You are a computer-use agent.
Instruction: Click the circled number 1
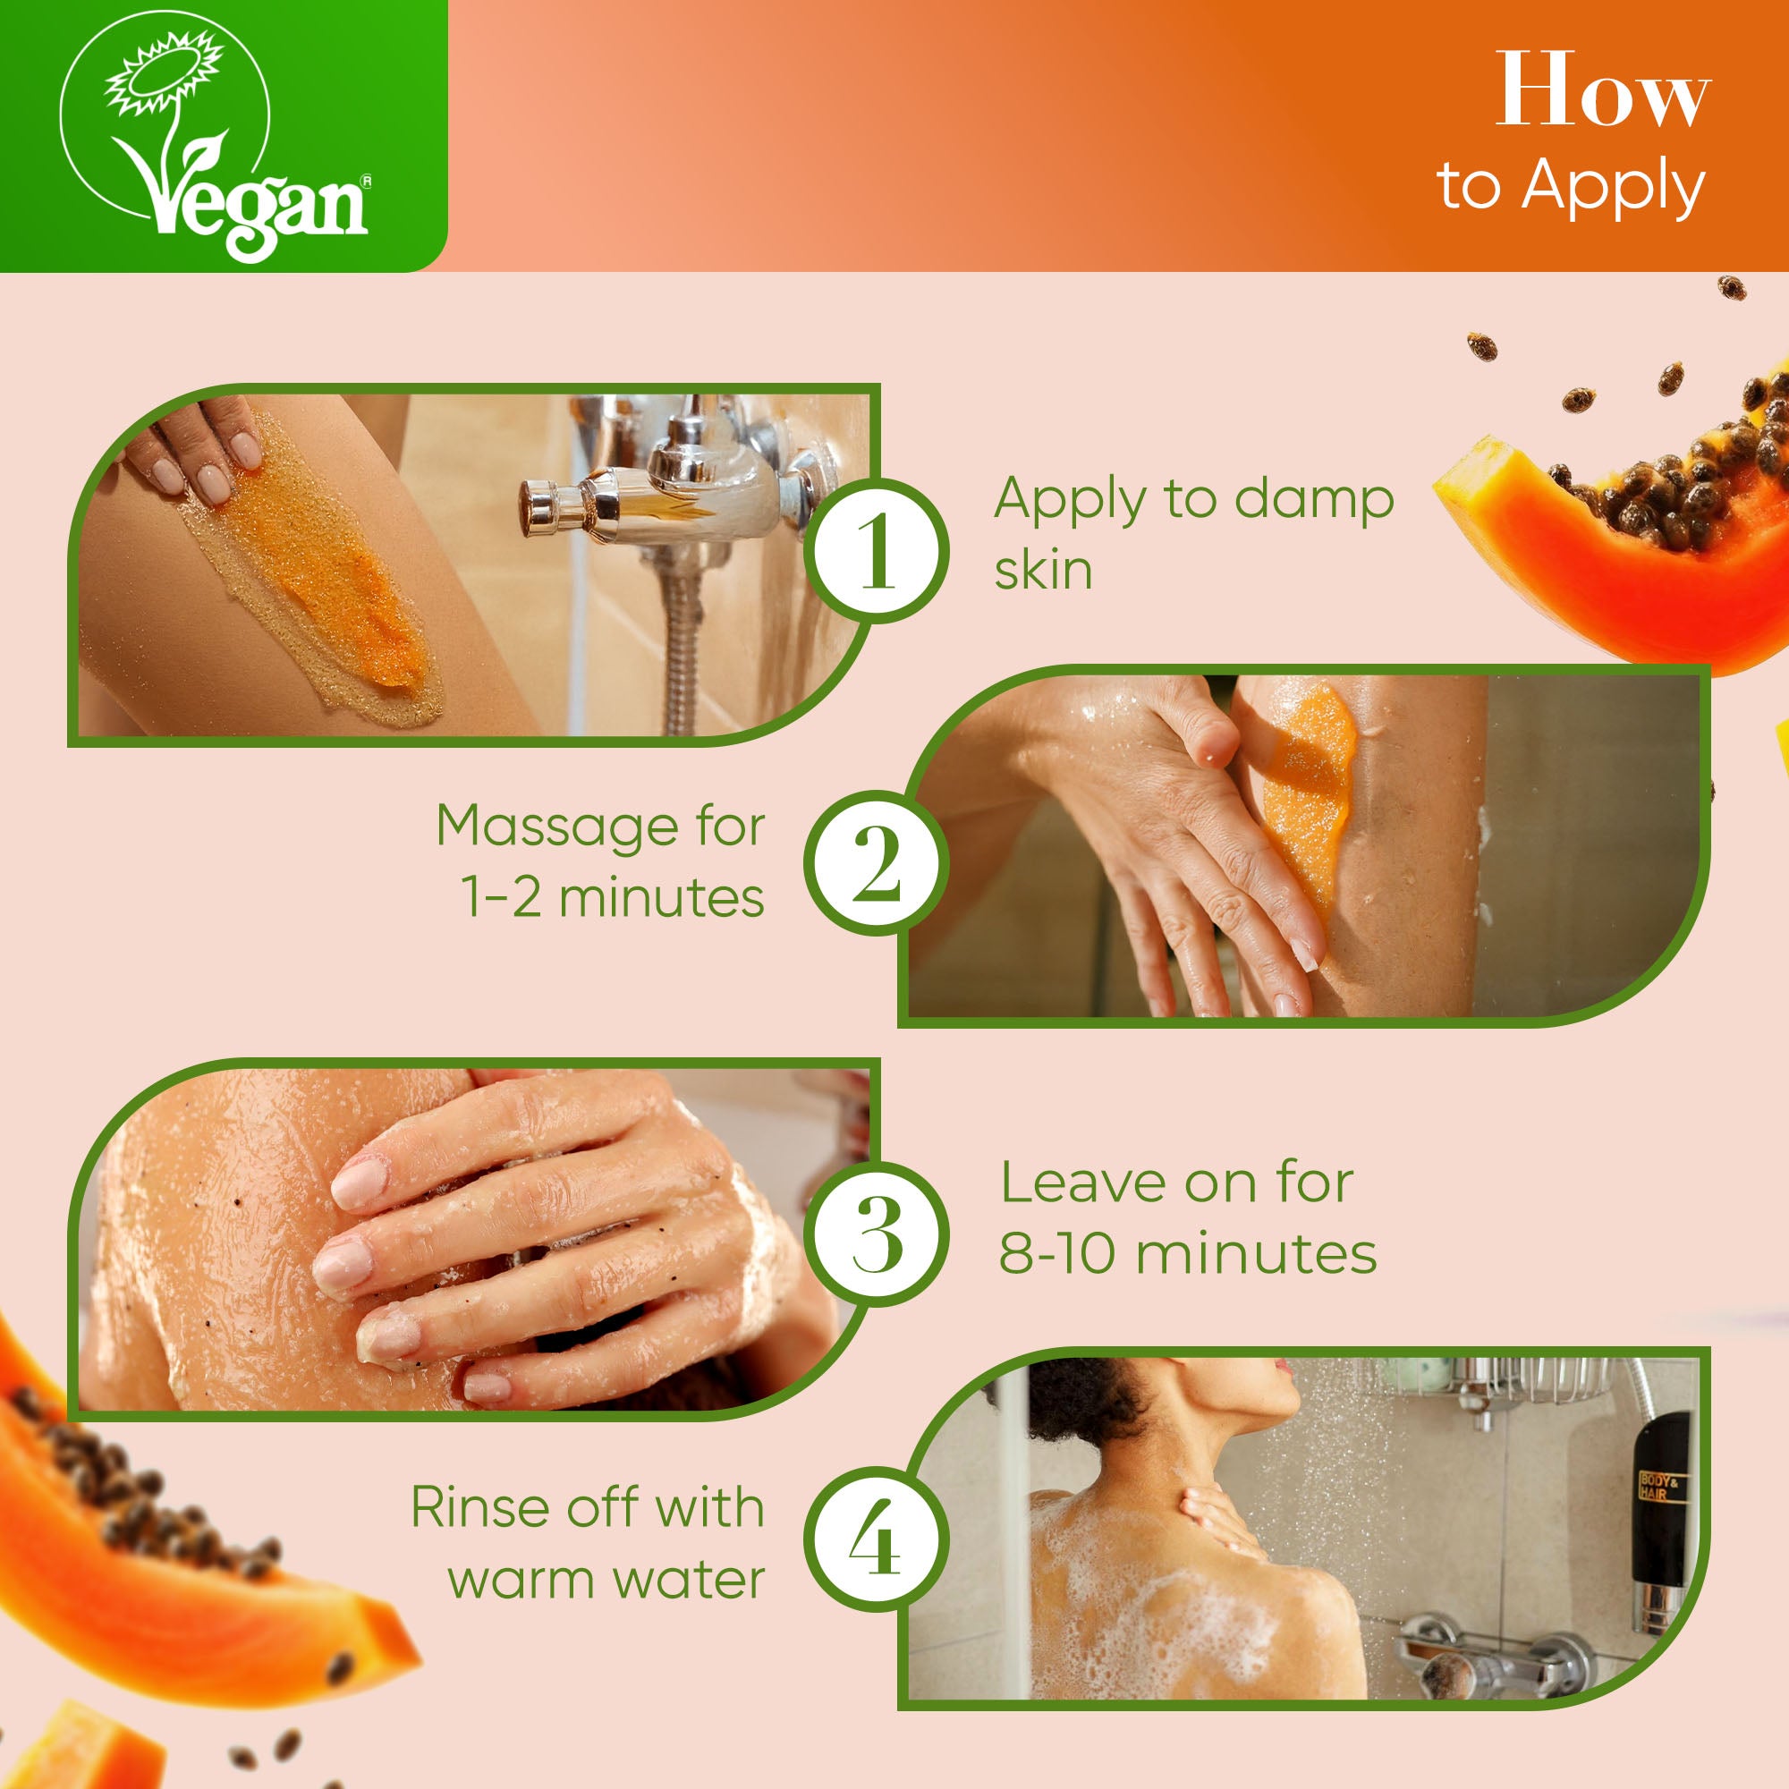pos(876,552)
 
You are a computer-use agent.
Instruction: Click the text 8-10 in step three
pos(1056,1254)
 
